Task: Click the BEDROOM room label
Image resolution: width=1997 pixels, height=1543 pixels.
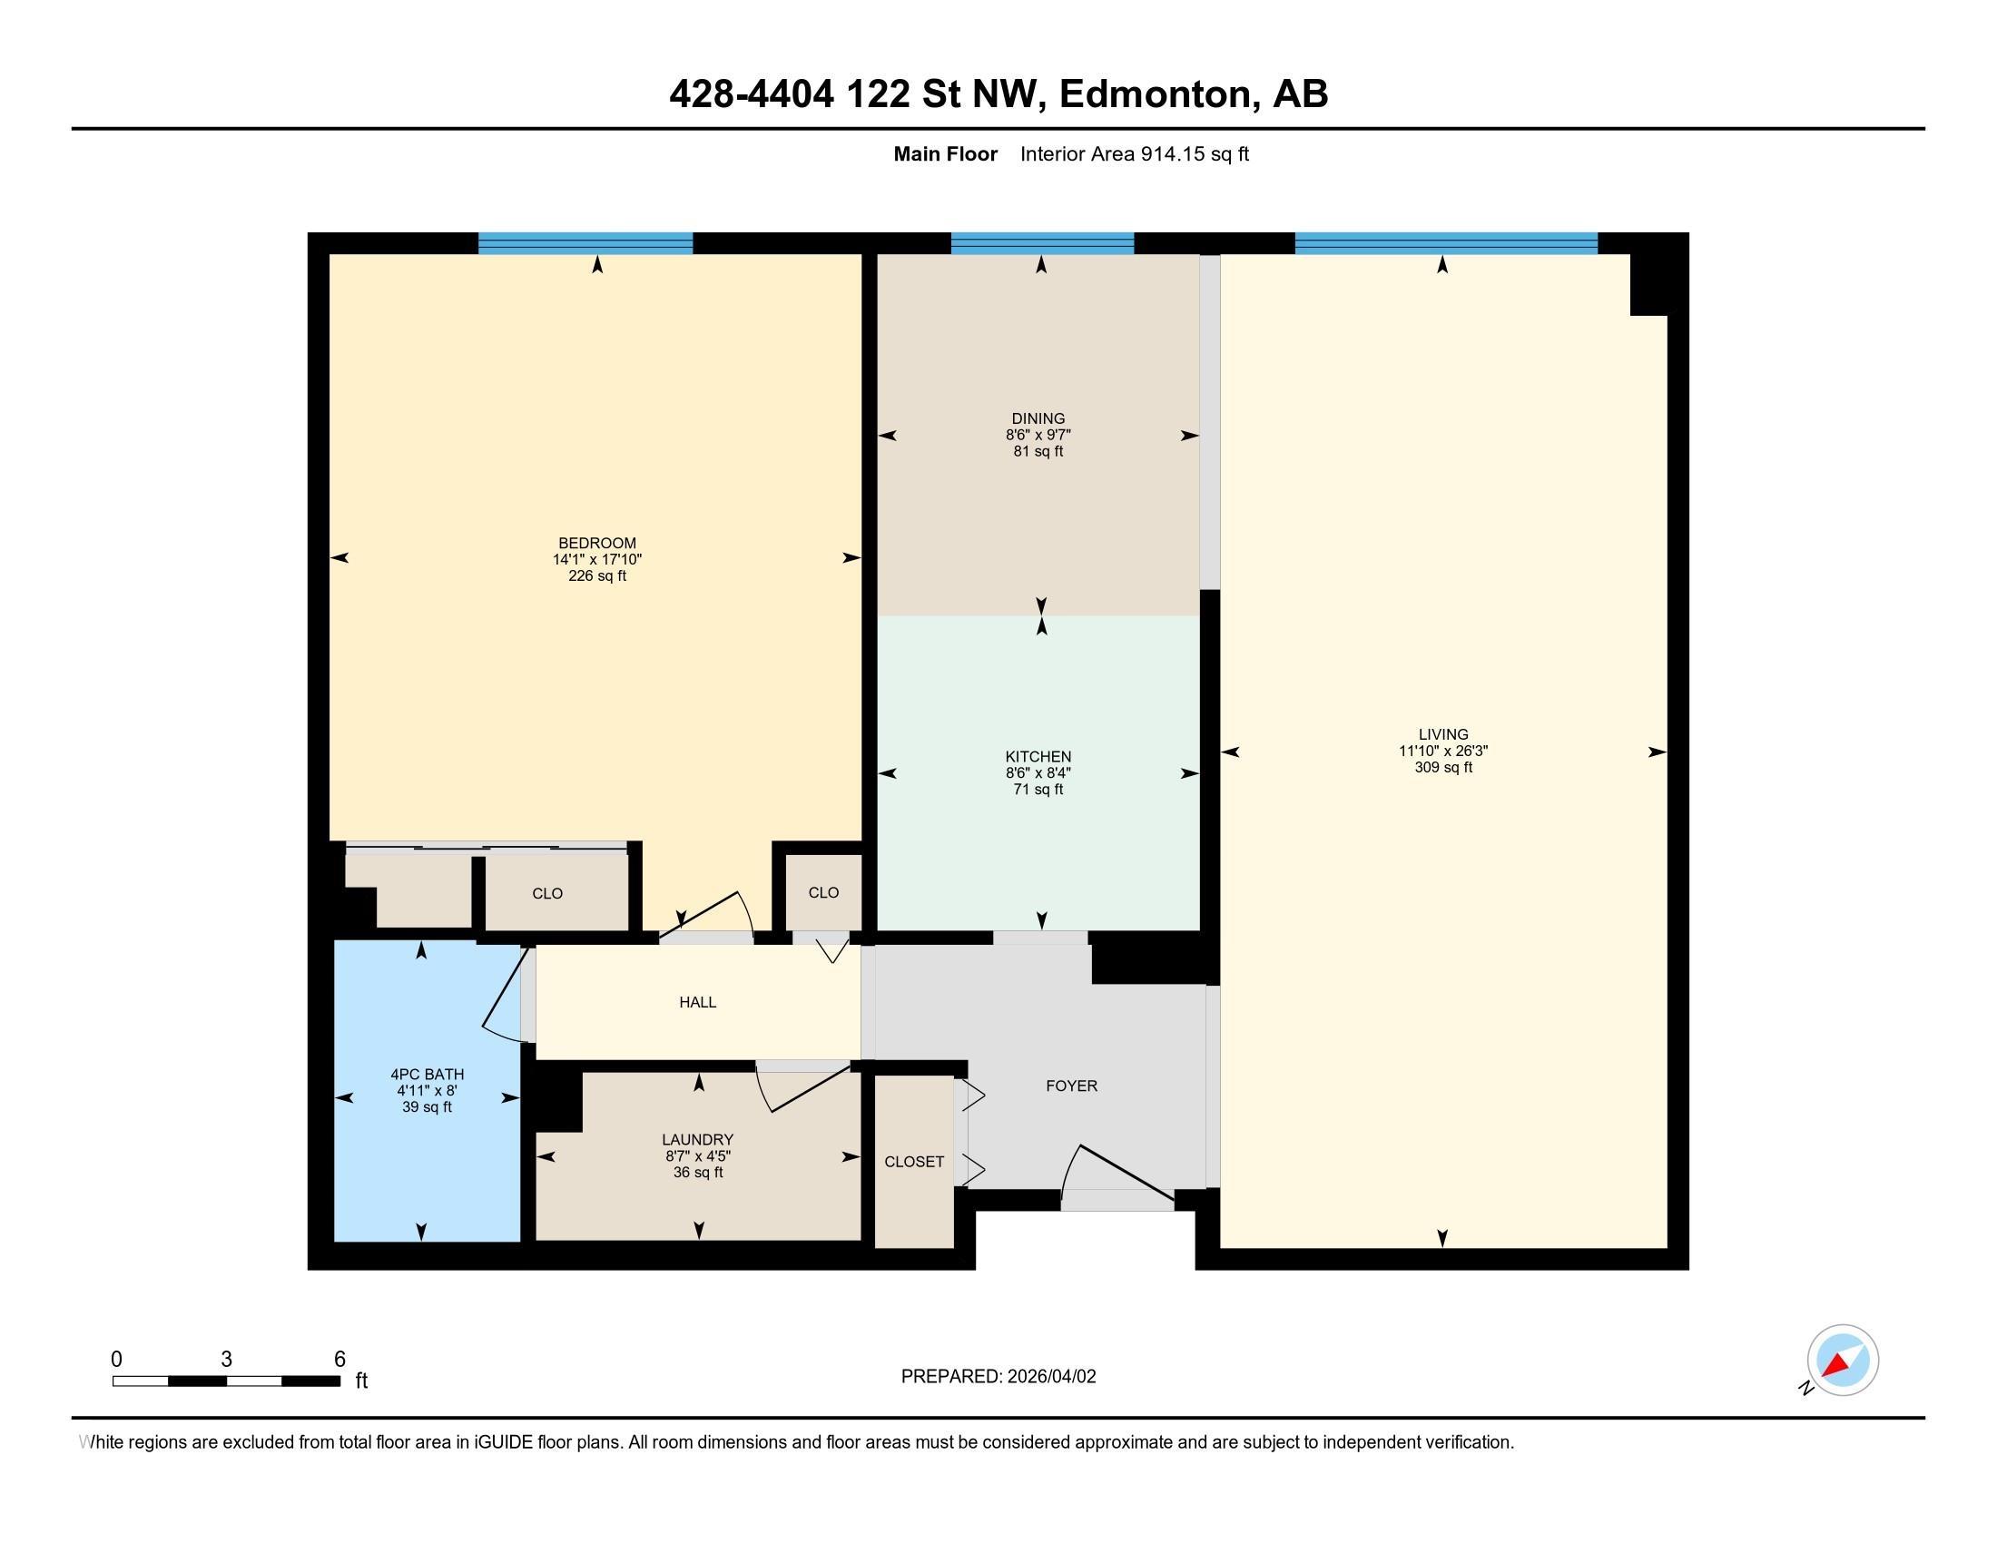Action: [x=597, y=543]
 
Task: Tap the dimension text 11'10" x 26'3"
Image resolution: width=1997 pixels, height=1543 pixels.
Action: [x=1443, y=751]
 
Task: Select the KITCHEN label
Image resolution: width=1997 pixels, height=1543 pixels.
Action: [x=1038, y=757]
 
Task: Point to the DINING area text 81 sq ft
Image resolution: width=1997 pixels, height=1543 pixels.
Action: [x=1038, y=452]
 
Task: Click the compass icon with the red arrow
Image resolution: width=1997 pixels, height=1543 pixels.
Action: [x=1842, y=1361]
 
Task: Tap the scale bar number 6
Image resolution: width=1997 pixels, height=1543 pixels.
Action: [x=339, y=1360]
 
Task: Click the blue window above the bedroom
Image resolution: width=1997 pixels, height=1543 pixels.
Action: [x=585, y=243]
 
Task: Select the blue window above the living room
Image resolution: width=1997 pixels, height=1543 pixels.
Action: [x=1446, y=243]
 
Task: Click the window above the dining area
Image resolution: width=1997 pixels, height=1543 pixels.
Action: [x=1042, y=243]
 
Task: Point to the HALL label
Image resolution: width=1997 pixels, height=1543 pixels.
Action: [x=698, y=1003]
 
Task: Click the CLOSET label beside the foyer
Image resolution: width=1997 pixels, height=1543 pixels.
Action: [x=914, y=1162]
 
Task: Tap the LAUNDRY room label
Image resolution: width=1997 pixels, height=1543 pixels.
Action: [x=698, y=1140]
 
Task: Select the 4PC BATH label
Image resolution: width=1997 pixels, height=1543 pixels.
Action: [x=427, y=1075]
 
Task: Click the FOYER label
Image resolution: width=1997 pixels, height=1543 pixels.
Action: [x=1072, y=1086]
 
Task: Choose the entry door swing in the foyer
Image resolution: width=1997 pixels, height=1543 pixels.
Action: [x=1120, y=1174]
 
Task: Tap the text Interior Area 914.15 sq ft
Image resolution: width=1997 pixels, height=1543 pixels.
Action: [x=1134, y=154]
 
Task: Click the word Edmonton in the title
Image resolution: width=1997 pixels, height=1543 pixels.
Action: [x=1155, y=94]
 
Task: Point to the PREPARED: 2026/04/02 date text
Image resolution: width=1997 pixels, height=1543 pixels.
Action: [x=998, y=1377]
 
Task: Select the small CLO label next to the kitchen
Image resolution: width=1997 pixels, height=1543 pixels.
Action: [x=824, y=893]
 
